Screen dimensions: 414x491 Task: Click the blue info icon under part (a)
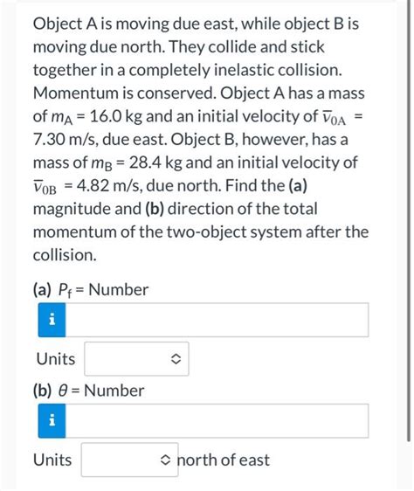coord(52,320)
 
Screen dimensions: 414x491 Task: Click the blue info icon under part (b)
coord(52,420)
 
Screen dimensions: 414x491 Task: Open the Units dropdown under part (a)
coord(136,359)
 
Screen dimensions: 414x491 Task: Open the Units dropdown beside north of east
coord(128,460)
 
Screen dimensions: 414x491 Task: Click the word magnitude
coord(72,210)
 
